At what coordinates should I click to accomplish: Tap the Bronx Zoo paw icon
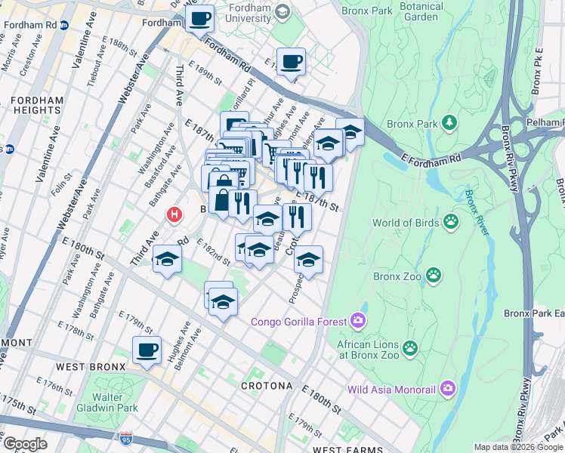[x=434, y=276]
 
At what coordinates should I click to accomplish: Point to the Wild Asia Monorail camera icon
[x=449, y=390]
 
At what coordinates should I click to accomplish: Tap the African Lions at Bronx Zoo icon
[x=410, y=347]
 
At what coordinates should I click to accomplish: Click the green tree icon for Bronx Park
[x=449, y=122]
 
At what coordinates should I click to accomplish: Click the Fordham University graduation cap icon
[x=282, y=11]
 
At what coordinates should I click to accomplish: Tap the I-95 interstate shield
[x=126, y=439]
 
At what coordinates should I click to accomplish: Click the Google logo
[x=25, y=444]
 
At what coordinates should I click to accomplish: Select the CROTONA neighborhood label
[x=266, y=386]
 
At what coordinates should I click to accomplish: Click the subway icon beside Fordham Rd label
[x=64, y=24]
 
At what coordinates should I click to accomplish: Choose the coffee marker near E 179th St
[x=147, y=350]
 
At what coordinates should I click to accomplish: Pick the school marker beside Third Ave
[x=166, y=260]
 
